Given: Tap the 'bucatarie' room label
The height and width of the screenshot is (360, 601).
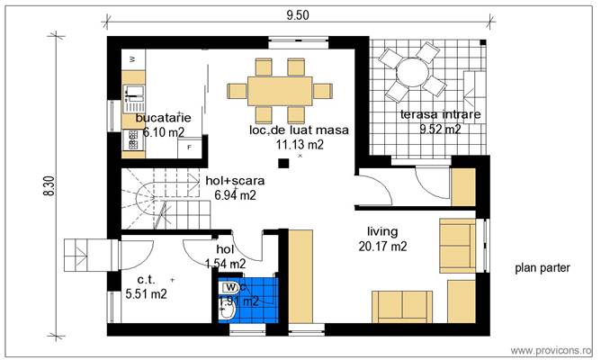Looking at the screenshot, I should pyautogui.click(x=163, y=118).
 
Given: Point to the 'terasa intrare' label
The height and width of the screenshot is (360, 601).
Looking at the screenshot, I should pyautogui.click(x=441, y=115).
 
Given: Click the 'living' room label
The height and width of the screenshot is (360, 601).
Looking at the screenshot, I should pyautogui.click(x=383, y=230).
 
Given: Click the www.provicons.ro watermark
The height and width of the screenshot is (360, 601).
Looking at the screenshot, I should pyautogui.click(x=552, y=349).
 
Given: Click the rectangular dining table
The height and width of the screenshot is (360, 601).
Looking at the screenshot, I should pyautogui.click(x=280, y=90).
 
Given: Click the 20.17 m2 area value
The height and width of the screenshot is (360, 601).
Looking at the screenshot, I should pyautogui.click(x=383, y=246).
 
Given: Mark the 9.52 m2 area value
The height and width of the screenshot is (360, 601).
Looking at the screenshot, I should pyautogui.click(x=441, y=130).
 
